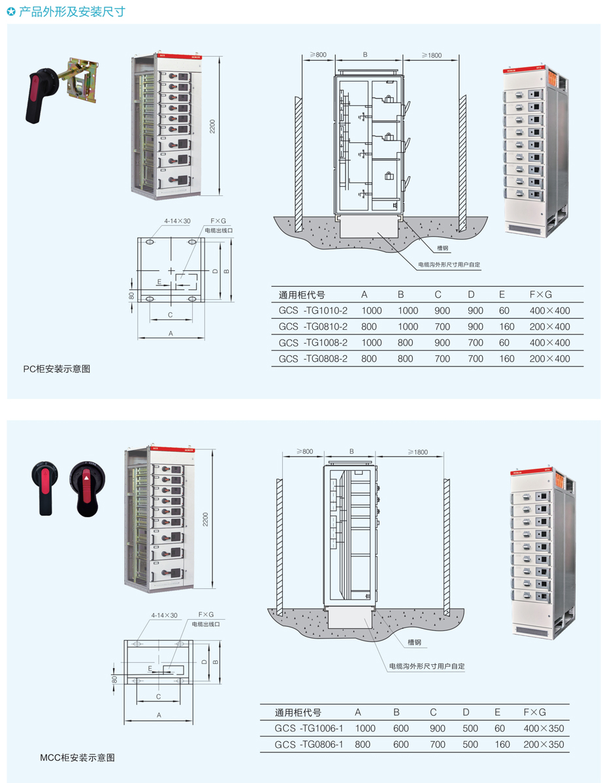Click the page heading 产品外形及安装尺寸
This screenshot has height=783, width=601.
click(x=72, y=11)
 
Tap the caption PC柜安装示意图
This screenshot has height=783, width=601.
click(x=56, y=369)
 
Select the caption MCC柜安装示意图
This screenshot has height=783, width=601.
click(x=78, y=758)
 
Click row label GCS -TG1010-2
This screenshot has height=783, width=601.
click(x=313, y=311)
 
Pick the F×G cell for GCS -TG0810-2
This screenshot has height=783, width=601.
click(x=549, y=327)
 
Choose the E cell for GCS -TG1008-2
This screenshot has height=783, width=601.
click(x=504, y=343)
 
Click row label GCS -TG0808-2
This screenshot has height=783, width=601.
click(x=313, y=359)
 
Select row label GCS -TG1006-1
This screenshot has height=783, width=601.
click(x=309, y=728)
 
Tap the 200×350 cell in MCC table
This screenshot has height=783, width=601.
click(x=544, y=744)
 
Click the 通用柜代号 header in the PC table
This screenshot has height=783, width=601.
click(x=302, y=295)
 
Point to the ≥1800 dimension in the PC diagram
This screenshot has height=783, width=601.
click(x=432, y=55)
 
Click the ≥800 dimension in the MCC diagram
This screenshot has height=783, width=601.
click(x=304, y=451)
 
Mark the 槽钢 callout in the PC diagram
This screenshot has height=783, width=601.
click(x=443, y=248)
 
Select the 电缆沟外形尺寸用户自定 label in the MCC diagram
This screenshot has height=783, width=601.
click(x=427, y=666)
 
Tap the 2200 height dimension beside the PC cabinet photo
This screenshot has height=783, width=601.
click(x=212, y=126)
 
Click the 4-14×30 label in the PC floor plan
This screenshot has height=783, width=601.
click(x=177, y=221)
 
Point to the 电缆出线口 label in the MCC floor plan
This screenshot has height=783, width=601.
click(x=206, y=624)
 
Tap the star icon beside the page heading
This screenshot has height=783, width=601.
click(x=11, y=12)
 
